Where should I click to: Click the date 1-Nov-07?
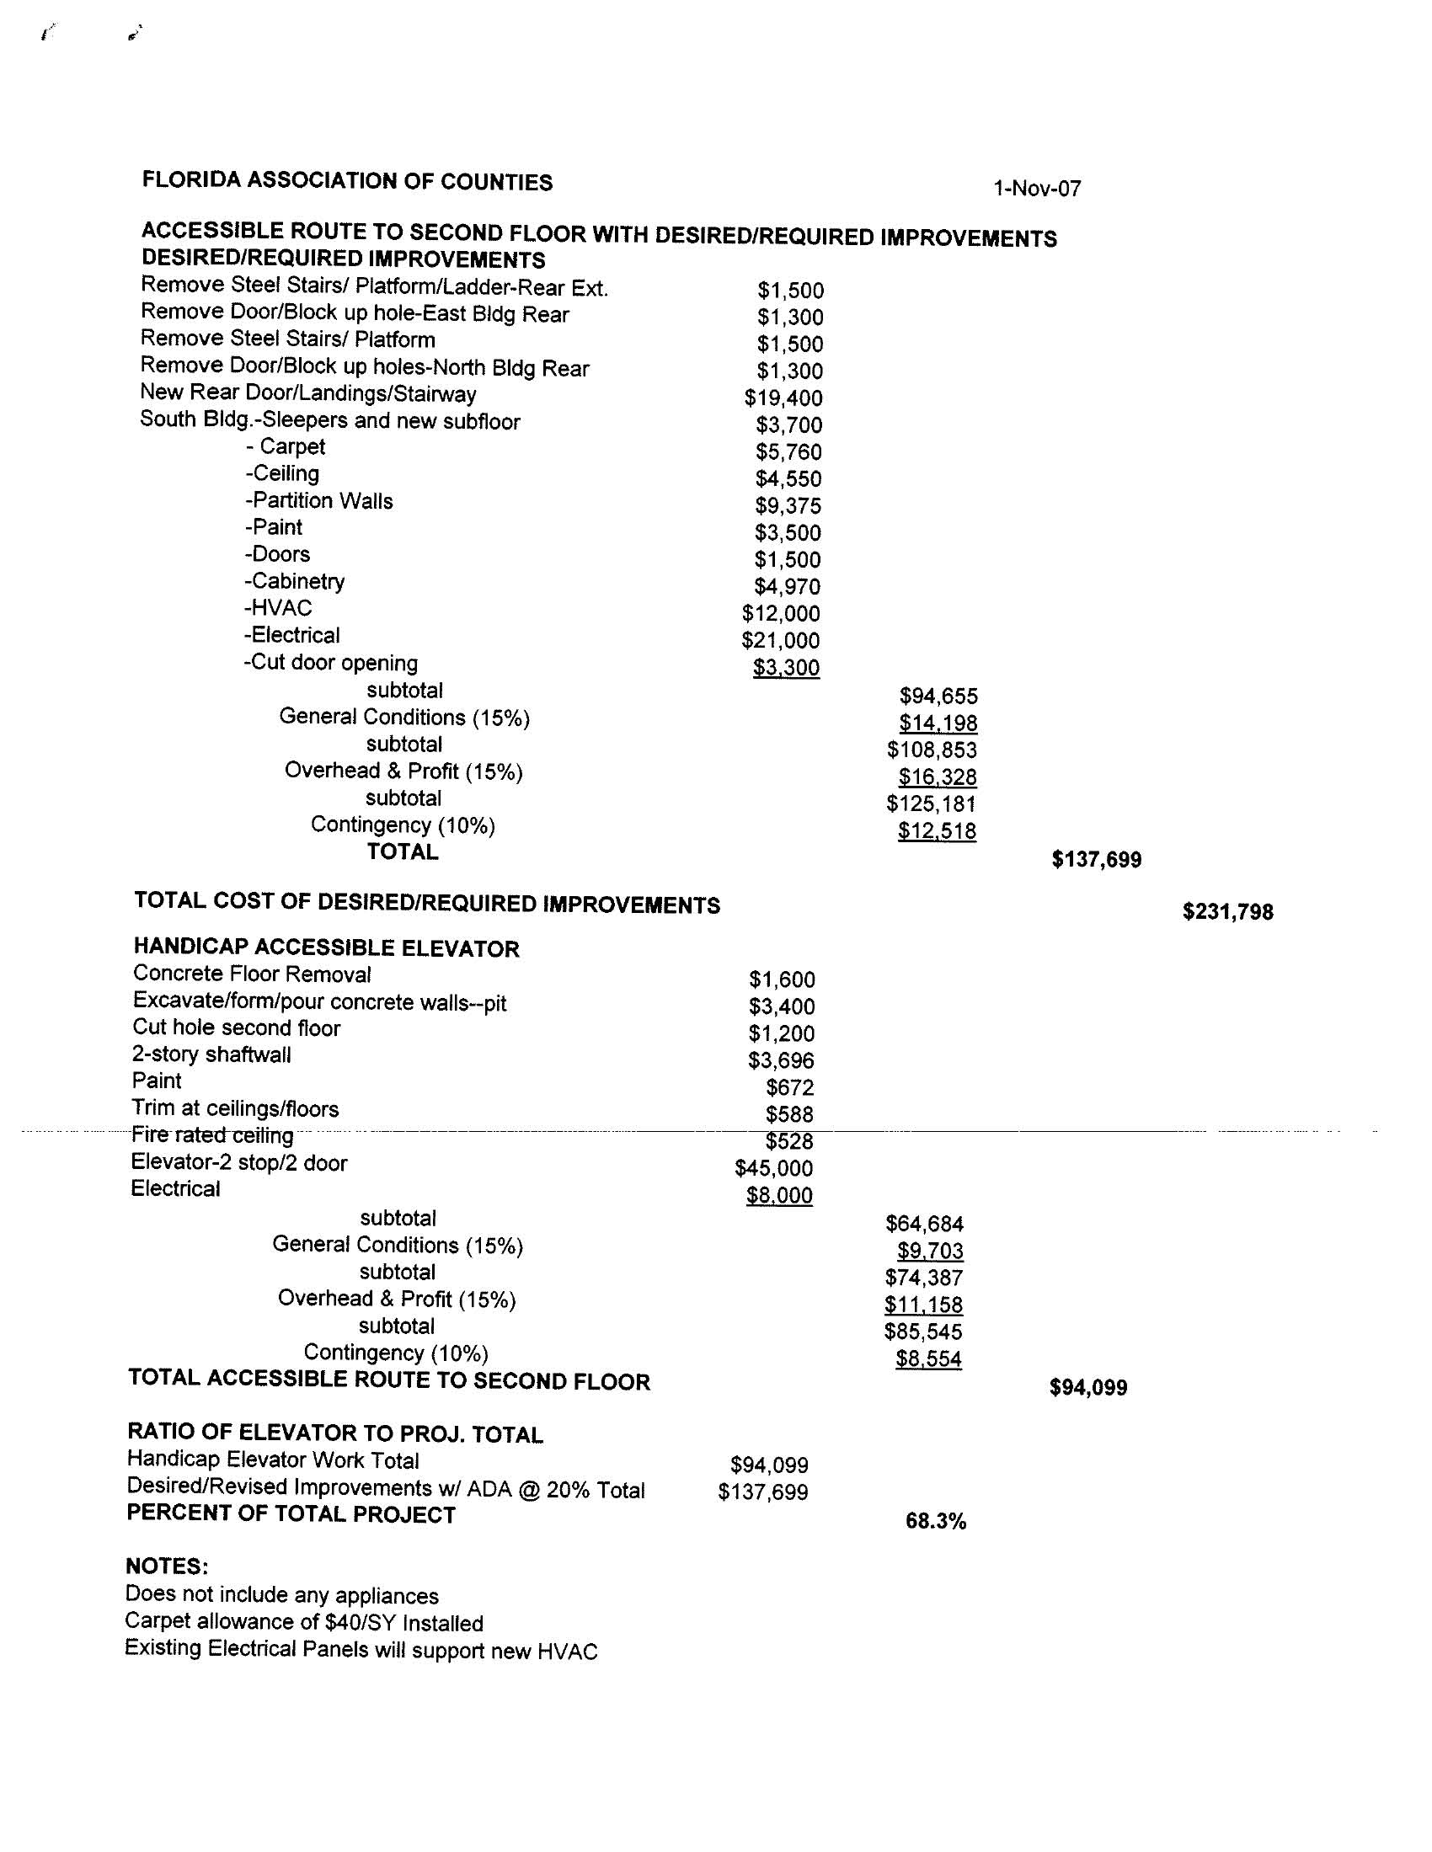[1037, 189]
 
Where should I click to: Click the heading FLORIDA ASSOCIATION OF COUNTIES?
[347, 181]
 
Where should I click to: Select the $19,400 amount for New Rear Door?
[783, 398]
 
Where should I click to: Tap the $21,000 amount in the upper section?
[781, 640]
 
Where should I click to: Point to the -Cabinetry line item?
[294, 582]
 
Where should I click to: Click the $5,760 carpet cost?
[788, 452]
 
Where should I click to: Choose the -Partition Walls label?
[319, 501]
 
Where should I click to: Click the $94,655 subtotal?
[938, 697]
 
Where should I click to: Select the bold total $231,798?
[1227, 911]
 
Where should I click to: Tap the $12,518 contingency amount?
[937, 831]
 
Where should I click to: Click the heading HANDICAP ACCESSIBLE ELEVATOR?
[327, 948]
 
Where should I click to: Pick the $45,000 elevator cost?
[772, 1168]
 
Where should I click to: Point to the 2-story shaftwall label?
[211, 1055]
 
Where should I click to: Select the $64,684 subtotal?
[924, 1224]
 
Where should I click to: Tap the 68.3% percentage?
[936, 1521]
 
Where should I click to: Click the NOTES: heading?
[167, 1566]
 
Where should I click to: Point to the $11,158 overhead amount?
[923, 1305]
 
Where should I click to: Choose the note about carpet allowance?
[304, 1623]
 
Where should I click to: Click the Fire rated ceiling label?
[212, 1135]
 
